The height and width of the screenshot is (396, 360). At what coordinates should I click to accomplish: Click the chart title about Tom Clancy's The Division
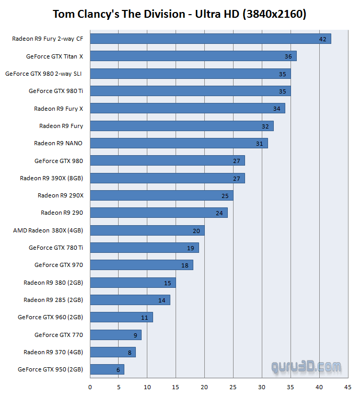tap(179, 14)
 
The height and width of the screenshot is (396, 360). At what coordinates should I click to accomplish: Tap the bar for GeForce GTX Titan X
tap(193, 56)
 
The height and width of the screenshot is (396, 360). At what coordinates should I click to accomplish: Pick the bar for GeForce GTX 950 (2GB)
tap(107, 369)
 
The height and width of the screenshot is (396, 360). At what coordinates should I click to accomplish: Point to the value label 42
tap(322, 39)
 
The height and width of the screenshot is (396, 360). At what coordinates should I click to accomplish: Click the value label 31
tap(260, 144)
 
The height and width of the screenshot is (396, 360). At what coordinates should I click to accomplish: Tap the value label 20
tap(196, 230)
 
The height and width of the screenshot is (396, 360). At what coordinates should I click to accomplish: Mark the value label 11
tap(145, 318)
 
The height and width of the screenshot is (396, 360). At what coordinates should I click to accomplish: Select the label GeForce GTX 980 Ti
tap(56, 91)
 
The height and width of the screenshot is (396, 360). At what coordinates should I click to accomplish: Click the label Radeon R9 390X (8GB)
tap(52, 178)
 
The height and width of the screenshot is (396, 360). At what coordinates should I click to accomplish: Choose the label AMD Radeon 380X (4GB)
tap(48, 230)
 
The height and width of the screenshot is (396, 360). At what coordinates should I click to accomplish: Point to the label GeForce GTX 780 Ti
tap(56, 248)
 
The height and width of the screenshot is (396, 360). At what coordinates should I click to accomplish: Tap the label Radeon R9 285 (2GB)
tap(53, 300)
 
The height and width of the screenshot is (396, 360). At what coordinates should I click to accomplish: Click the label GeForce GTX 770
tap(59, 335)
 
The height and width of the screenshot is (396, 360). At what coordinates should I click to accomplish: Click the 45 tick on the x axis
tap(347, 387)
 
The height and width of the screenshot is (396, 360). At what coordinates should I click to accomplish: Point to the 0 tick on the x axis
tap(90, 387)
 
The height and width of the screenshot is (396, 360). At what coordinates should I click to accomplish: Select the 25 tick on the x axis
tap(233, 387)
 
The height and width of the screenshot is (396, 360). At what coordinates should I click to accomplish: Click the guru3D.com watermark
tap(307, 367)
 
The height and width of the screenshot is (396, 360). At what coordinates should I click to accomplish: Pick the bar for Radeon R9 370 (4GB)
tap(113, 352)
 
